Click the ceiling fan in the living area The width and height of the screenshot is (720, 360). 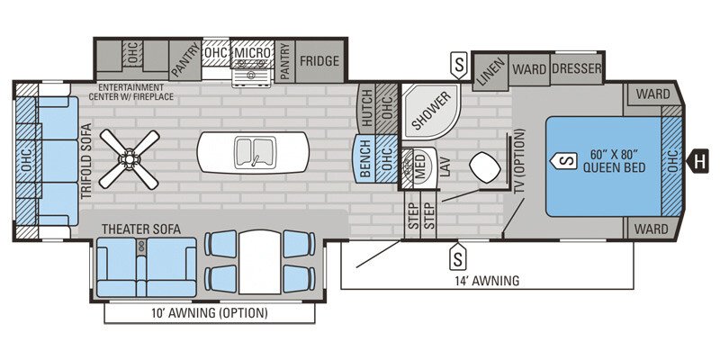pyautogui.click(x=130, y=158)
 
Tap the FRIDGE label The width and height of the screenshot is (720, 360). pyautogui.click(x=319, y=62)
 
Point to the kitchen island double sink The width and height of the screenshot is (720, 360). pyautogui.click(x=253, y=149)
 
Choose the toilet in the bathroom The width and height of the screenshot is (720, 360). pyautogui.click(x=487, y=169)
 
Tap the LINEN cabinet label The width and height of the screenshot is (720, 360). pyautogui.click(x=490, y=71)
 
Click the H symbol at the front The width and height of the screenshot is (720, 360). pyautogui.click(x=697, y=161)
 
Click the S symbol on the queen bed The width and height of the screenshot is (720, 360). pyautogui.click(x=565, y=161)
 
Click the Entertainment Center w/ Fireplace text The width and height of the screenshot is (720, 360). pyautogui.click(x=139, y=92)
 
